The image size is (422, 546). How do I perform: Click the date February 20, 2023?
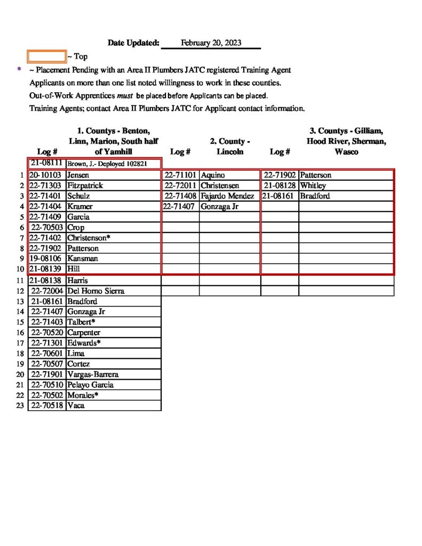pos(211,43)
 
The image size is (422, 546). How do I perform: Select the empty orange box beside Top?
pos(46,56)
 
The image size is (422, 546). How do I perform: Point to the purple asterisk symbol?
pos(19,70)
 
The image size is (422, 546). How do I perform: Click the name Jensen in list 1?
pos(78,175)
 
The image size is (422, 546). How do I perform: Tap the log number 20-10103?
pos(46,175)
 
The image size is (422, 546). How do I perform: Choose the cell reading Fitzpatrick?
pos(85,186)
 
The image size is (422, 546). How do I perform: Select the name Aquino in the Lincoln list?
pos(213,175)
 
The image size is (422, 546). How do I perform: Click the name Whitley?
pos(313,186)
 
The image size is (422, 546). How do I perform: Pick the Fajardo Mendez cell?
pos(227,196)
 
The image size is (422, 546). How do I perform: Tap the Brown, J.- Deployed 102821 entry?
pos(107,164)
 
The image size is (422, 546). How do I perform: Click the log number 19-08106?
pos(46,259)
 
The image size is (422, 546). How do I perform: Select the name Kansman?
pos(82,259)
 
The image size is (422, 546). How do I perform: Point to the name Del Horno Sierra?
pos(95,291)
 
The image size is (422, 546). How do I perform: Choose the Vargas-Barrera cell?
pos(93,374)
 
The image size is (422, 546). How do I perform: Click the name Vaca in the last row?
pos(76,405)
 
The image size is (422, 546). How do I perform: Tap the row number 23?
pos(20,405)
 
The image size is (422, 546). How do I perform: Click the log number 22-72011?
pos(181,186)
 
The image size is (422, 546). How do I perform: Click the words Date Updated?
pos(133,43)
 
